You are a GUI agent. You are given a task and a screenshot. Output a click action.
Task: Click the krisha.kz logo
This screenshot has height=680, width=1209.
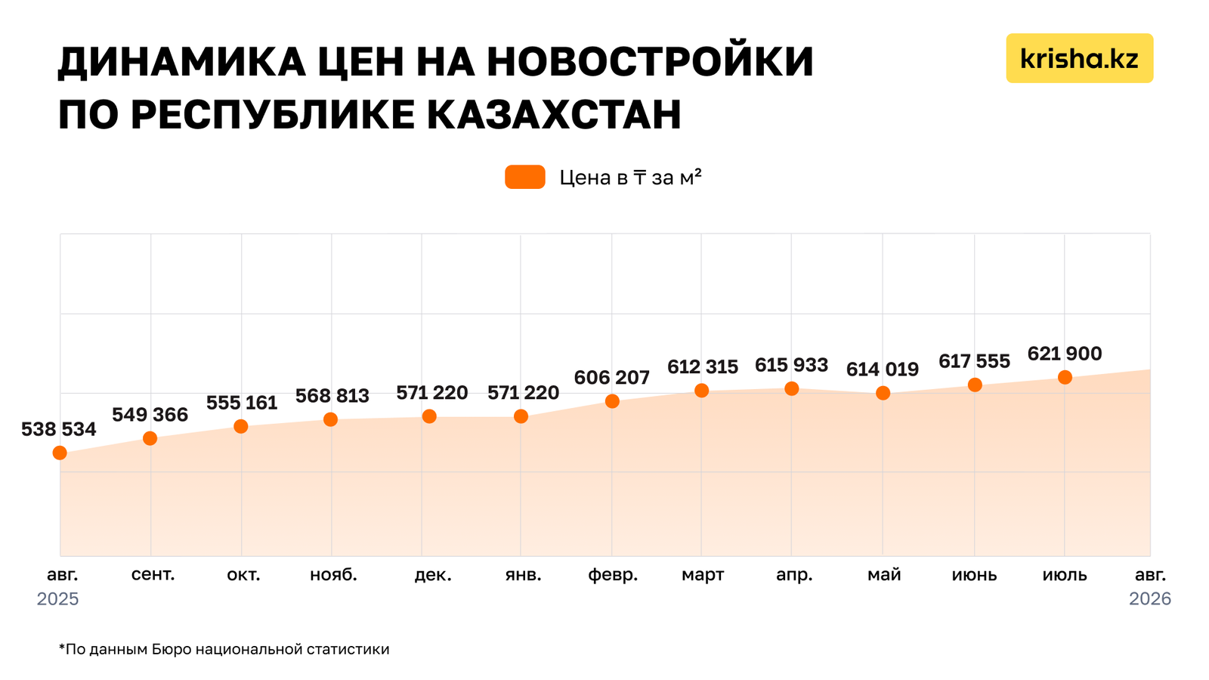1080,58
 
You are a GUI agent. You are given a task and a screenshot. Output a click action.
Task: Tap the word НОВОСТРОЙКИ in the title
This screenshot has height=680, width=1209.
650,62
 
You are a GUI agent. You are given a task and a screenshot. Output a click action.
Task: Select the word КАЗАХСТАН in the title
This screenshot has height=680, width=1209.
554,114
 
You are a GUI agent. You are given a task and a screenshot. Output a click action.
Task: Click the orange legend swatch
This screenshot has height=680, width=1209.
524,177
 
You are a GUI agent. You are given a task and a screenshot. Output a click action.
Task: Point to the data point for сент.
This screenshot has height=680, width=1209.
150,438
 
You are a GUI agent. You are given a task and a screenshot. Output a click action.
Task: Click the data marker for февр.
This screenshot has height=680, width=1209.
612,401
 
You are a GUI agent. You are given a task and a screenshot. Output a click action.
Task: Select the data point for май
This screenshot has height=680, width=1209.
883,393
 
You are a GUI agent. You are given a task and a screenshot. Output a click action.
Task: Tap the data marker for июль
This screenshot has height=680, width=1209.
1065,377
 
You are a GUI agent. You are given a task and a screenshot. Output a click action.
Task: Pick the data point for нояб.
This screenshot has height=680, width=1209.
331,419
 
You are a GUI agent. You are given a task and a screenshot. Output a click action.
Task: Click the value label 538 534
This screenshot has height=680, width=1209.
59,430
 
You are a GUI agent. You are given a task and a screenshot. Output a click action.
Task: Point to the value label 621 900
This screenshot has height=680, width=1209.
1065,354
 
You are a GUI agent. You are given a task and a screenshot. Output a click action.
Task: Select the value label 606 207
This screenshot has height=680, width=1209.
611,378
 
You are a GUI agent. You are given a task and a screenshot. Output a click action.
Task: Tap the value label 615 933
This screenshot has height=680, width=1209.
791,366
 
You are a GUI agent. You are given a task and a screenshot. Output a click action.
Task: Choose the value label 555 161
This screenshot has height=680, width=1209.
242,403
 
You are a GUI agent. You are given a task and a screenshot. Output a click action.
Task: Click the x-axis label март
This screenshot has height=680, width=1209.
703,575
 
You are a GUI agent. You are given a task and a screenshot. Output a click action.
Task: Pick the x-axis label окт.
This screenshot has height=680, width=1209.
243,575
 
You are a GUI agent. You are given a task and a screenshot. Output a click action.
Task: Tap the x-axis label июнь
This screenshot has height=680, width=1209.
974,575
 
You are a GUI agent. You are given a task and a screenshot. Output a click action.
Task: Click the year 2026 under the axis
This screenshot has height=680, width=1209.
1150,599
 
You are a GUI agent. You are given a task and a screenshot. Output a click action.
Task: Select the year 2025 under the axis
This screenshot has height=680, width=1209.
57,599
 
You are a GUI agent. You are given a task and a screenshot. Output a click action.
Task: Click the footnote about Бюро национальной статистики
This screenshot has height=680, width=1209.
224,649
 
